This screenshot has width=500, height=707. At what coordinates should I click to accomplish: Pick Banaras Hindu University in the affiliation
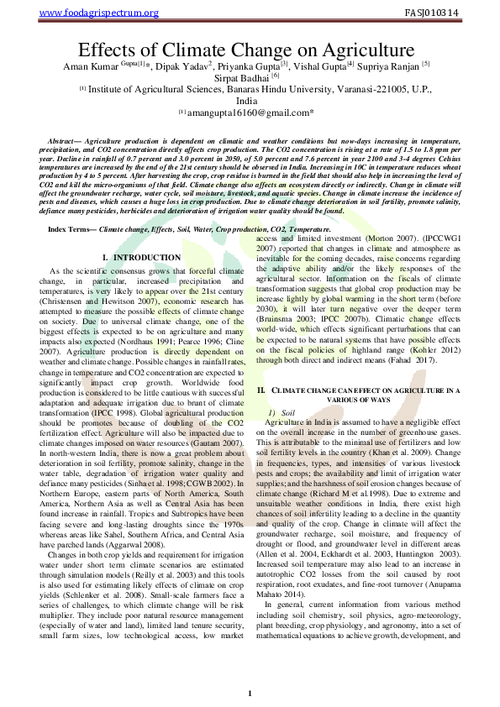(255, 88)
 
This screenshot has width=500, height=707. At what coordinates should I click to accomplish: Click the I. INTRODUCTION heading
(140, 256)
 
